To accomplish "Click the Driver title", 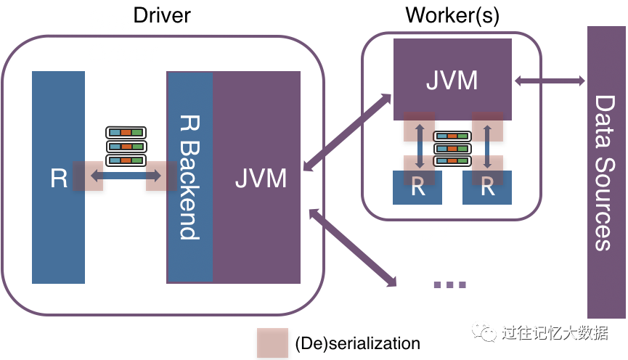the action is [x=162, y=15].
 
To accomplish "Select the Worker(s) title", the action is [x=452, y=15].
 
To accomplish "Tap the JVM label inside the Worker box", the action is [x=452, y=80].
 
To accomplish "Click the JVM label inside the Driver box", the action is [x=261, y=179].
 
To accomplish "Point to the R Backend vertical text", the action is [x=189, y=177].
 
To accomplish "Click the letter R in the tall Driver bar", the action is [x=59, y=179].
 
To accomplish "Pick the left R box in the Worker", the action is [x=417, y=187].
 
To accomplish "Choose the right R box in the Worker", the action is [x=487, y=187].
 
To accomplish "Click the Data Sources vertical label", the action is [x=605, y=173].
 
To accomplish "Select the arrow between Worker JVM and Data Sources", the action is [x=550, y=81].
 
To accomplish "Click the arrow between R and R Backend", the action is [x=126, y=176].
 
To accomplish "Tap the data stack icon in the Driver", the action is [x=126, y=146].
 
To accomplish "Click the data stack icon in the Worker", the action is [x=452, y=149].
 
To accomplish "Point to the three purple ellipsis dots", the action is [x=450, y=285].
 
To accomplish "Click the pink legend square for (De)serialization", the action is [x=272, y=343].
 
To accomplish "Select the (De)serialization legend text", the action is [x=358, y=343].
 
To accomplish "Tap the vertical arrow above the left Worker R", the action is [x=420, y=146].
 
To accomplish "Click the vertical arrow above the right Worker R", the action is [x=487, y=146].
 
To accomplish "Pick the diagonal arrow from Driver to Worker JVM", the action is [x=347, y=133].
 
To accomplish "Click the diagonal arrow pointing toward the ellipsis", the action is [x=353, y=248].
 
